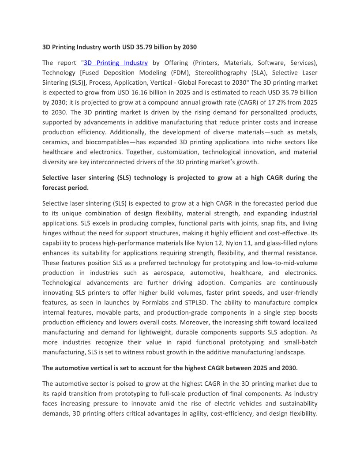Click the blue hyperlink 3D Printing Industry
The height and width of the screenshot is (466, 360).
click(116, 63)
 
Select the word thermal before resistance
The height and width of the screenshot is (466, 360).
click(274, 253)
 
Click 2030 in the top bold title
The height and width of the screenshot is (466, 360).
click(189, 47)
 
